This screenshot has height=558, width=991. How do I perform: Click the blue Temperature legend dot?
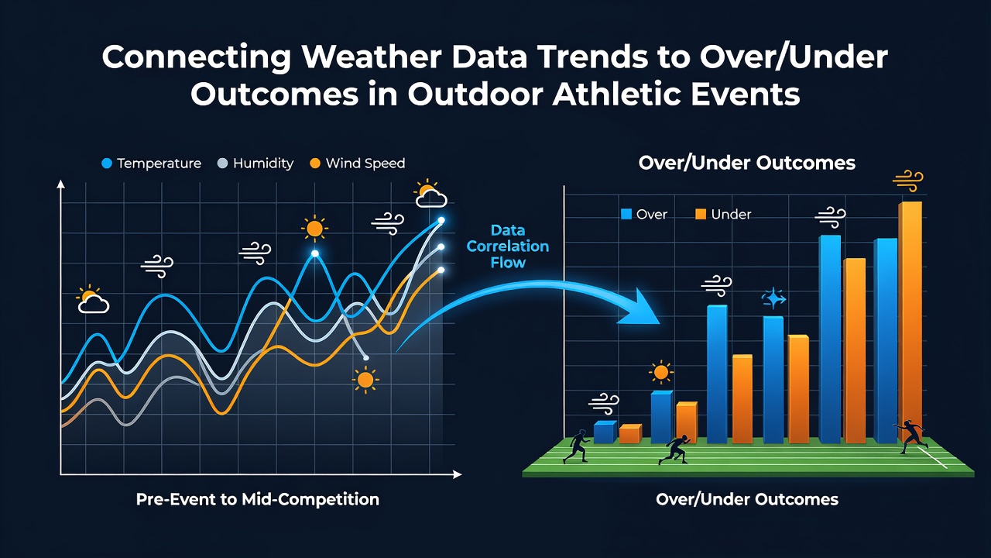coord(107,164)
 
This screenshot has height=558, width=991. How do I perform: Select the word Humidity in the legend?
coord(263,164)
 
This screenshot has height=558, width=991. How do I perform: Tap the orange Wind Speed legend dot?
coord(315,164)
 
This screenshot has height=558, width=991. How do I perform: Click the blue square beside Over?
coord(626,215)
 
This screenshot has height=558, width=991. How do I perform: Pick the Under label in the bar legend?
coord(731,215)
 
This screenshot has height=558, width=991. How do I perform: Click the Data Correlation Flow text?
coord(507,246)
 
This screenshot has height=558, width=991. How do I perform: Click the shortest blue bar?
coord(605,432)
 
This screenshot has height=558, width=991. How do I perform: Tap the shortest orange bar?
coord(630,434)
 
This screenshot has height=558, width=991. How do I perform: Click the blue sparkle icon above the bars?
coord(773,298)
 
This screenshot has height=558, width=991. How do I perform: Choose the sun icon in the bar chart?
coord(661,373)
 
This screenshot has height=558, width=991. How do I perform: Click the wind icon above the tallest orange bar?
coord(908,181)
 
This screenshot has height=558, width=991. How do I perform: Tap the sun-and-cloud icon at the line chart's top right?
coord(430,194)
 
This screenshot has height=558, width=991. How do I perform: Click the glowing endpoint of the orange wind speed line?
coord(441,270)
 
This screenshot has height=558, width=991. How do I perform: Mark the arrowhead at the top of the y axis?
coord(60,184)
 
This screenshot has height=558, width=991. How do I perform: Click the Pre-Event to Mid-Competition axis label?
coord(258,500)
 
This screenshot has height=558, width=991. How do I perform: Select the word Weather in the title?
coord(374,57)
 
